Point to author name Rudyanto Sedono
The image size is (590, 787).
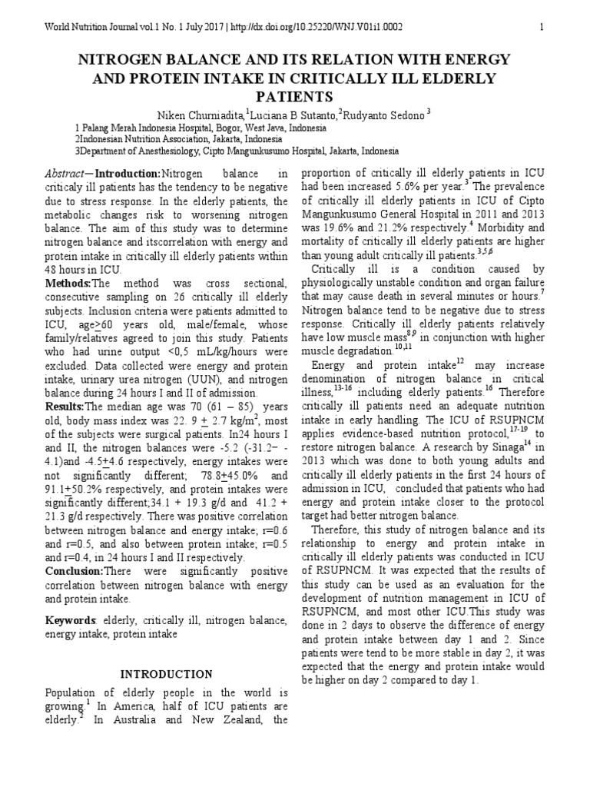tap(384, 115)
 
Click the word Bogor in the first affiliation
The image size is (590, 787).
tap(217, 128)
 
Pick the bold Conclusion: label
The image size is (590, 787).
tap(75, 571)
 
